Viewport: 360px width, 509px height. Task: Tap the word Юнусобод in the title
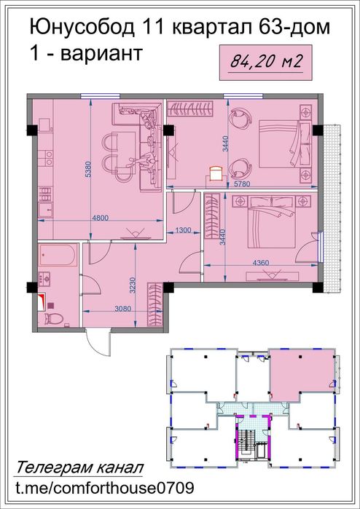pyautogui.click(x=80, y=28)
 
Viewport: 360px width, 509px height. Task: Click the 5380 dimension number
pyautogui.click(x=87, y=169)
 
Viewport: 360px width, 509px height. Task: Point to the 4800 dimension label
pyautogui.click(x=100, y=216)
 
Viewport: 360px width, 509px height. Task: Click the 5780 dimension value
pyautogui.click(x=240, y=186)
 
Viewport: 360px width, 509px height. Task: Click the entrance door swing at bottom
pyautogui.click(x=95, y=341)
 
